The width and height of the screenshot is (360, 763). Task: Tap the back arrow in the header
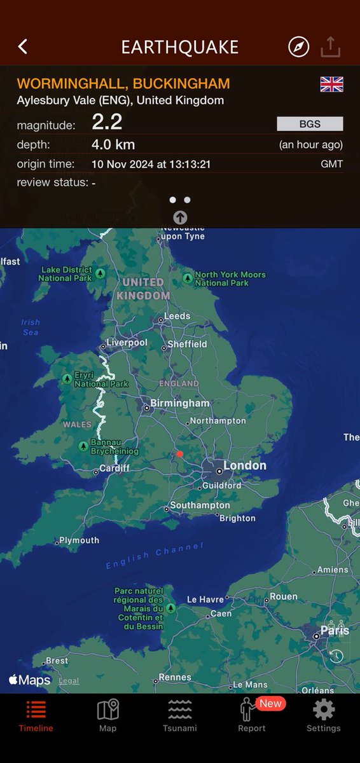(23, 46)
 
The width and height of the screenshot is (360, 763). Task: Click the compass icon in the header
(298, 46)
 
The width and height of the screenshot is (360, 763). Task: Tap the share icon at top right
(331, 46)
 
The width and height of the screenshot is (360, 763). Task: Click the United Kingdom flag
(331, 84)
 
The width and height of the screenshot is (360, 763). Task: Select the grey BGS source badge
(310, 123)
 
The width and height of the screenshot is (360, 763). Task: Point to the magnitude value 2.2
(107, 122)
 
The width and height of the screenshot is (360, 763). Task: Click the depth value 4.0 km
(113, 144)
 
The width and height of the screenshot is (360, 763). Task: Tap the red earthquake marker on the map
(180, 454)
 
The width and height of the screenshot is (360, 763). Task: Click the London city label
(244, 466)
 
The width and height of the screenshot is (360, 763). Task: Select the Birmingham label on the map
(180, 404)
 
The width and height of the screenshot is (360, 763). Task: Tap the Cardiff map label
(114, 469)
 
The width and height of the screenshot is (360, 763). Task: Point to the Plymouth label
(79, 540)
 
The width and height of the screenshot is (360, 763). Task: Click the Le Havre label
(205, 600)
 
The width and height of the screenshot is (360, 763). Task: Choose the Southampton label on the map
(198, 505)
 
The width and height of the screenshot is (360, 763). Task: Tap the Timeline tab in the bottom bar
(36, 716)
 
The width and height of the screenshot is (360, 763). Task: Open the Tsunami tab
(180, 716)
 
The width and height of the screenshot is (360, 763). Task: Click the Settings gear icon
(324, 710)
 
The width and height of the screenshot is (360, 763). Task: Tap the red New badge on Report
(270, 703)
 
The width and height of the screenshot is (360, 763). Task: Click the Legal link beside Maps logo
(69, 681)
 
